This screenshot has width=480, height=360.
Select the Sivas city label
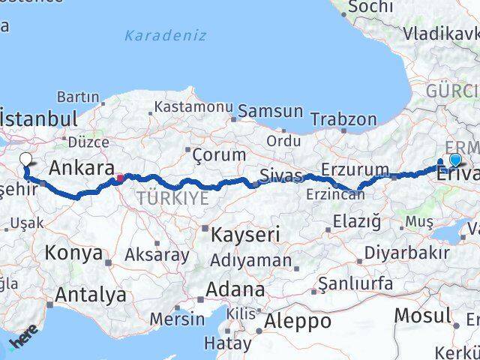(280, 175)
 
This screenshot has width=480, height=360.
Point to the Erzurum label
(355, 169)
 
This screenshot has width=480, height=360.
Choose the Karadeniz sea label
(165, 35)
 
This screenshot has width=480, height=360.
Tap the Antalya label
(90, 295)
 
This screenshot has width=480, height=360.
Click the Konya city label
(73, 253)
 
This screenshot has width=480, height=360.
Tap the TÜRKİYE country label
(172, 198)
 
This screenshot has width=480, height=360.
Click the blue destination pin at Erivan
(455, 160)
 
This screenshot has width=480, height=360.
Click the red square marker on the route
(119, 178)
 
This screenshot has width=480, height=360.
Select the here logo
(22, 342)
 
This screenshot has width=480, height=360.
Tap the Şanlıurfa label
(355, 283)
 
